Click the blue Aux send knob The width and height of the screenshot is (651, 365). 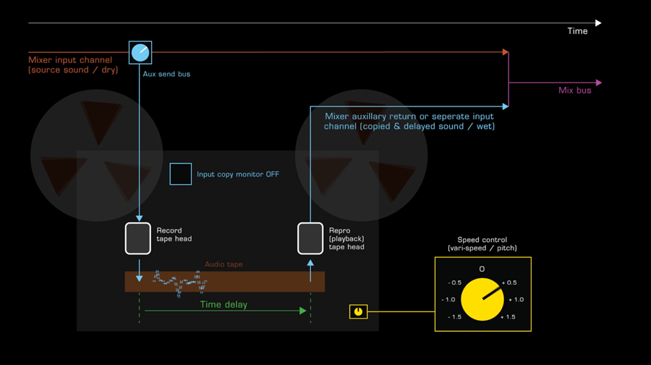pos(140,53)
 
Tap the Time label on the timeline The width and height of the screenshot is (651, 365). pos(577,31)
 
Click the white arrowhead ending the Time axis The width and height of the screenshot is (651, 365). pos(598,23)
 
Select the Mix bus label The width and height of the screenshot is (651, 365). pos(574,91)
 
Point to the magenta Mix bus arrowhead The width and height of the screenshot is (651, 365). pos(599,83)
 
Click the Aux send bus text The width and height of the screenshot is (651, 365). pos(166,74)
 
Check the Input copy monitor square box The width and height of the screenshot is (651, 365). pos(181,175)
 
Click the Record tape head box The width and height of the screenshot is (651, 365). pos(138,238)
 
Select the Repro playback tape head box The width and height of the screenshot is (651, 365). pos(310,238)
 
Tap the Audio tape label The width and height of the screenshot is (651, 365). pos(224,264)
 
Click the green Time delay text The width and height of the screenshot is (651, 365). pos(224,305)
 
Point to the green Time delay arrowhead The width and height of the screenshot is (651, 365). pos(303,311)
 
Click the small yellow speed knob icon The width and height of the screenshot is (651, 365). pos(358,311)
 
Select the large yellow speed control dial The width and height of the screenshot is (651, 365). pos(482,299)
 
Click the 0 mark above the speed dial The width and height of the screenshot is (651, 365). pos(482,269)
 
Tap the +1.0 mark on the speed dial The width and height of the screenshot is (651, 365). pos(516,299)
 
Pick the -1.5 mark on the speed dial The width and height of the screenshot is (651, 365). pos(454,316)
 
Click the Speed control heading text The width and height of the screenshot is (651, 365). pos(482,244)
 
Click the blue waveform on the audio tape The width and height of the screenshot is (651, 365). pos(180,283)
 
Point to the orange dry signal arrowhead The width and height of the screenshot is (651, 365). pos(506,52)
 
